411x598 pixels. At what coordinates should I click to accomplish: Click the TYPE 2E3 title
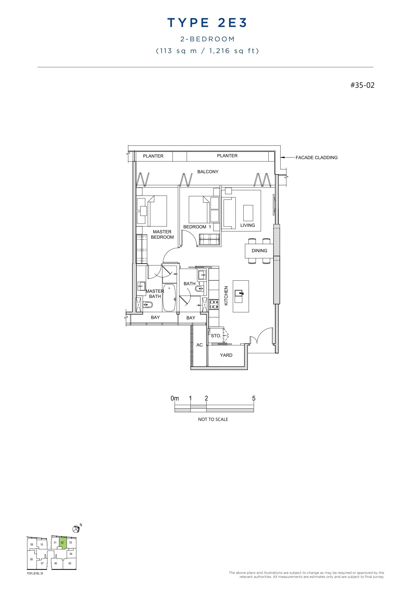207,23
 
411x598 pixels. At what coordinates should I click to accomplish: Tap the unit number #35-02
362,85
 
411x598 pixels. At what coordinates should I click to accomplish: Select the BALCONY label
208,172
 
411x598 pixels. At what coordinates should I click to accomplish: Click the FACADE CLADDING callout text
316,158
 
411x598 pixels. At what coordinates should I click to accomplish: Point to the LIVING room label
247,225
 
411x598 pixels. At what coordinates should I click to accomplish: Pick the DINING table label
259,251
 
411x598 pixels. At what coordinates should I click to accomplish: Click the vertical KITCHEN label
226,296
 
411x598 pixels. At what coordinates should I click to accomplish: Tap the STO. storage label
216,336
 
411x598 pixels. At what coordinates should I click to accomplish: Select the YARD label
226,355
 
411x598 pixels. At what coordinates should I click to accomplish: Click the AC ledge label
199,345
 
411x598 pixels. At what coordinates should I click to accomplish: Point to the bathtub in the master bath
169,298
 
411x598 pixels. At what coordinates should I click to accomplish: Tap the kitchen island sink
239,294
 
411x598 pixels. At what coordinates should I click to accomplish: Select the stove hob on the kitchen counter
214,304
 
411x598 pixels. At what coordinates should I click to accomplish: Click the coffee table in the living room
248,213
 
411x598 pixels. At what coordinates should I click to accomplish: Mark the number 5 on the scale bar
254,398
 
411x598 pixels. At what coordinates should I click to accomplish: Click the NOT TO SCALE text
213,419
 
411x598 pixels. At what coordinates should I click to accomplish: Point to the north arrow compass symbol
76,529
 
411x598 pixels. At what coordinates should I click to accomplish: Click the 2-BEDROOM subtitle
207,39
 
